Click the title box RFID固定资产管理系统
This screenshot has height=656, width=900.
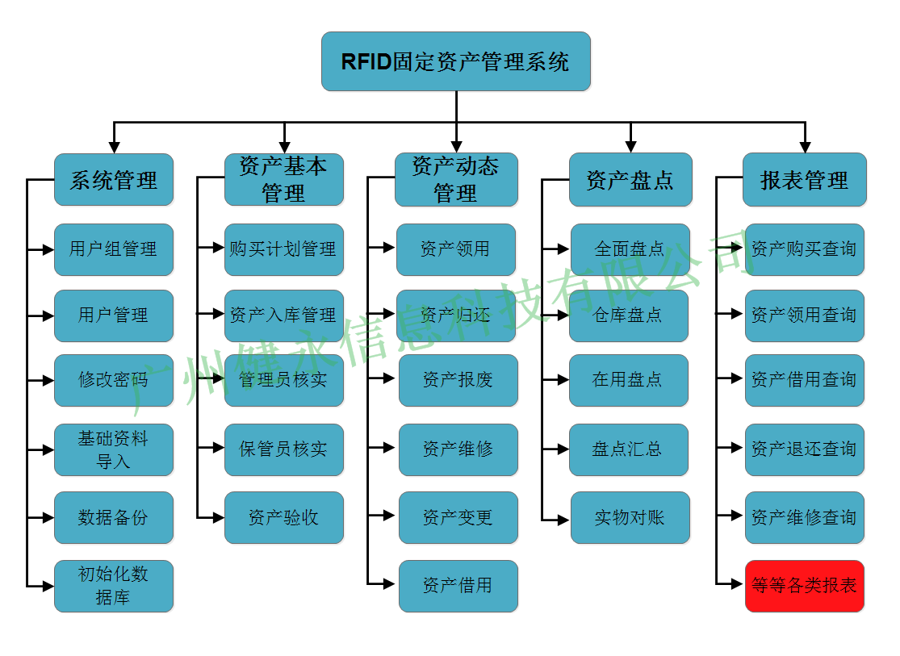(455, 61)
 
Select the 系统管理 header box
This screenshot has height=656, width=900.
(114, 180)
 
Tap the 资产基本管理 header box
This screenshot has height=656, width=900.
(283, 180)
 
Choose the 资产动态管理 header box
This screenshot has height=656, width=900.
(455, 180)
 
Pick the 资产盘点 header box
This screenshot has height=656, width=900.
(630, 180)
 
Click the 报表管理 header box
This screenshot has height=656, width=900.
(804, 180)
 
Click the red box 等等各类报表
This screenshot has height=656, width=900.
(804, 586)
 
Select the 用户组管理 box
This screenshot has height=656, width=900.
(114, 249)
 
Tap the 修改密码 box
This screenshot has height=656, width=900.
(114, 380)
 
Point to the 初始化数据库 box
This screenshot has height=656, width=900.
(114, 586)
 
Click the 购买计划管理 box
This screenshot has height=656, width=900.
(283, 249)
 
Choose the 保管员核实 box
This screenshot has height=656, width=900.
(283, 449)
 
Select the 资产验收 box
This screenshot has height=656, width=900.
(283, 517)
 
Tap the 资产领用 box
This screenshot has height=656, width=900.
(455, 249)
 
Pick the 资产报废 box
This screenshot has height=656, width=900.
(458, 380)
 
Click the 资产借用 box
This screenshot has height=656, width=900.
(458, 586)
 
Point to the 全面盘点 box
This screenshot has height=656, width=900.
(630, 249)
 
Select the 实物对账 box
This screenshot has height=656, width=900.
(630, 517)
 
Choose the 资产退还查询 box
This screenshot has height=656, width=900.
(804, 449)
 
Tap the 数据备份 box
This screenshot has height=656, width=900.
(114, 517)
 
